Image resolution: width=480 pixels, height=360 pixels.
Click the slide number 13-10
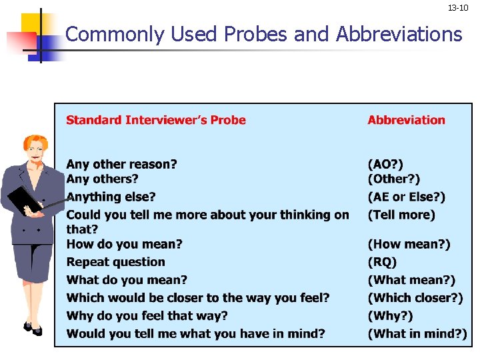(x=457, y=8)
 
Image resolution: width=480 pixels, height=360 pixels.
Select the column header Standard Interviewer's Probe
(x=155, y=120)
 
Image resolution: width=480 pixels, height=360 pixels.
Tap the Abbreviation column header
(x=406, y=120)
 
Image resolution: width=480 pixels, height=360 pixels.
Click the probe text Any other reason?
(x=121, y=164)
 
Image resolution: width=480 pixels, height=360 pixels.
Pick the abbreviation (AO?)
(x=385, y=164)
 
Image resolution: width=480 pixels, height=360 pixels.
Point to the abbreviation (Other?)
(x=394, y=179)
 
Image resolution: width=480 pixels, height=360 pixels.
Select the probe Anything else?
(x=111, y=197)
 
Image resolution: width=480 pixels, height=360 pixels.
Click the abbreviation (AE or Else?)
(x=406, y=197)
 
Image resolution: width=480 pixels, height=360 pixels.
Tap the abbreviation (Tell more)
(x=401, y=215)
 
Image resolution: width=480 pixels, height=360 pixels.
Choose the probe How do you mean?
(x=124, y=244)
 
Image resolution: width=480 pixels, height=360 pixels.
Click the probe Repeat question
(x=115, y=262)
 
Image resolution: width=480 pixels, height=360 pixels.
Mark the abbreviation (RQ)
(x=382, y=262)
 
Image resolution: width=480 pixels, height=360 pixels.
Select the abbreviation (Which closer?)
(x=415, y=298)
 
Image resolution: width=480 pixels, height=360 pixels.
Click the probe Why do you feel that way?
(x=147, y=315)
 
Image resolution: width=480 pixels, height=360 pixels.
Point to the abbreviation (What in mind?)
(x=417, y=333)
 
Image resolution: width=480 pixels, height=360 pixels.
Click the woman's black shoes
(x=33, y=329)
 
